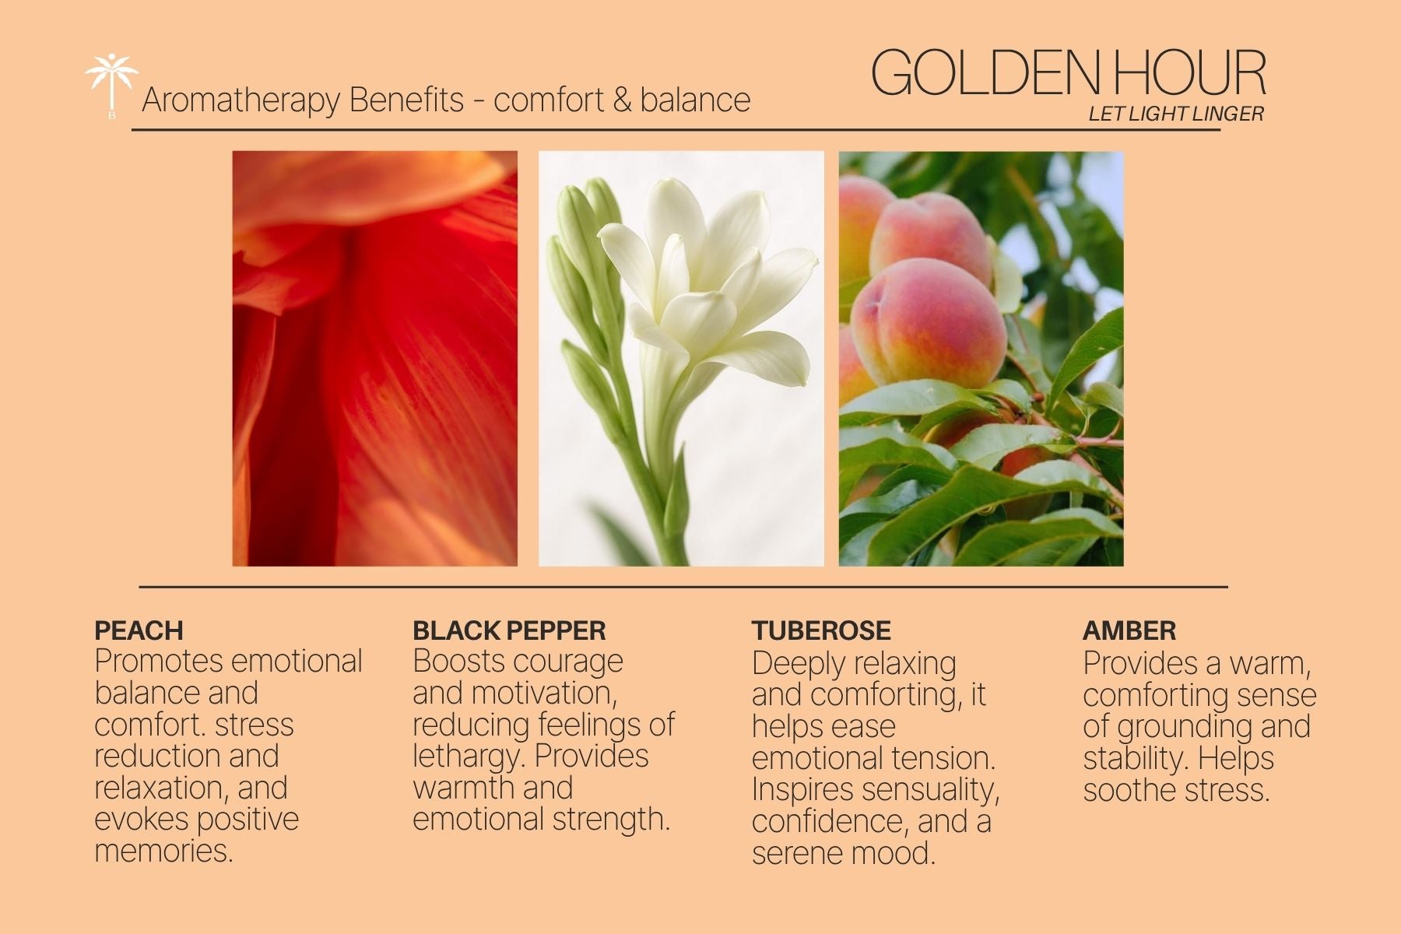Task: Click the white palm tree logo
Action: point(111,85)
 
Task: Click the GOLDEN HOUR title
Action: point(1068,73)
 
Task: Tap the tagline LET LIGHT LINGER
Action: point(1175,114)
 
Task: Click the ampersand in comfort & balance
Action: point(621,100)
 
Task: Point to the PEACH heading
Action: point(139,630)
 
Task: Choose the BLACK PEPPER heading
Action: point(509,630)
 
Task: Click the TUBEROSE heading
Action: point(821,630)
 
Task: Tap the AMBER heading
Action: point(1129,630)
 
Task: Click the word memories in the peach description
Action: point(163,850)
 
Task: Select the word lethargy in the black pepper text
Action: point(469,757)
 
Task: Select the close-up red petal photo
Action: point(375,358)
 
